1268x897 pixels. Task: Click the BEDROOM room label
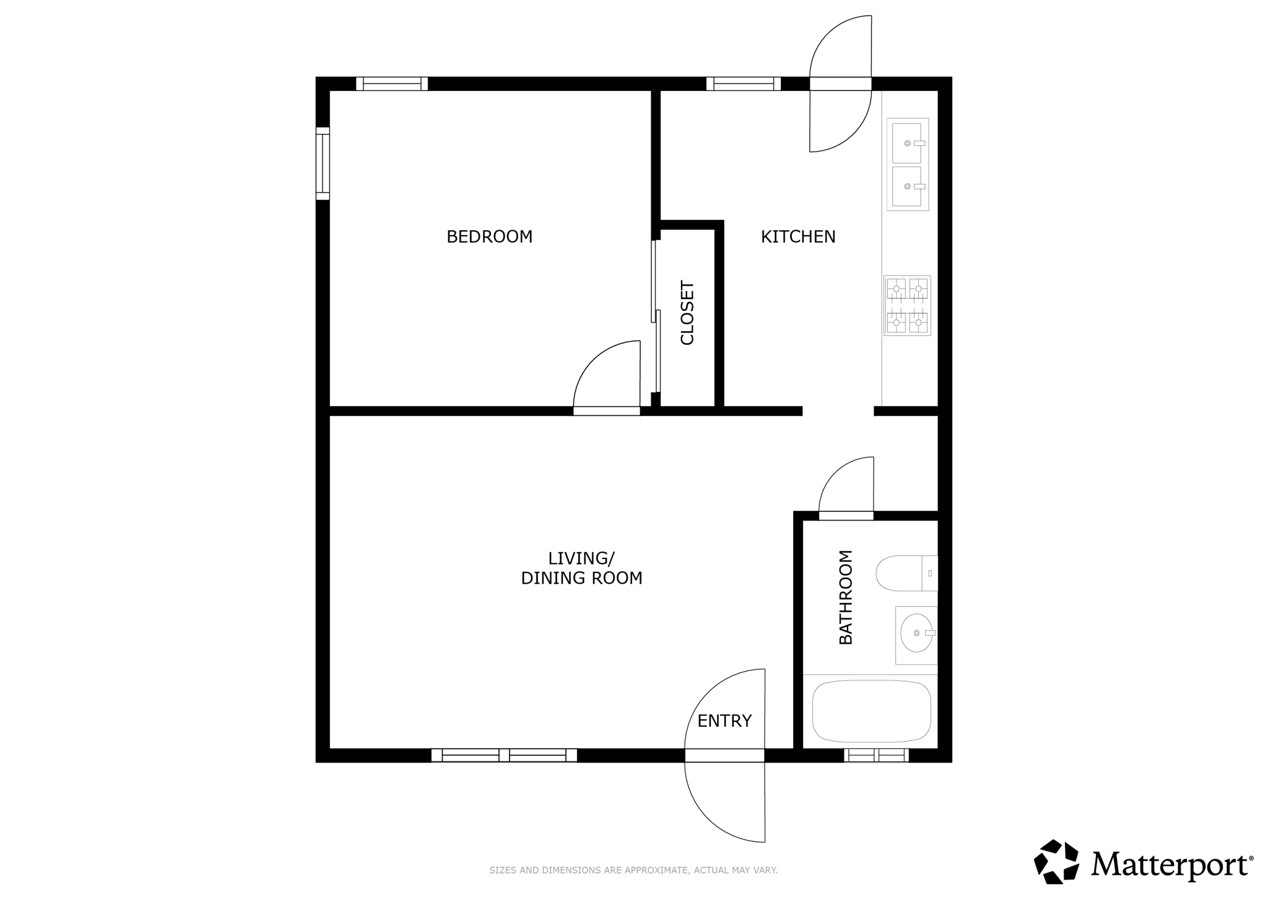click(489, 236)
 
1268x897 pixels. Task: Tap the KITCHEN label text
click(798, 236)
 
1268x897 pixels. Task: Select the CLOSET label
click(687, 313)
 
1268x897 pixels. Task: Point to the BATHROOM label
click(846, 597)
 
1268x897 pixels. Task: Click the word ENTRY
click(724, 721)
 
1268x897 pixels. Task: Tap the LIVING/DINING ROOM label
click(581, 568)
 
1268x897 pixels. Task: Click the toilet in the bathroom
click(907, 573)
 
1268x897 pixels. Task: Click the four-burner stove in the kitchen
click(907, 306)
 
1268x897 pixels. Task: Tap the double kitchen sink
click(908, 165)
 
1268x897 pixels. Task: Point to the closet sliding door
click(656, 316)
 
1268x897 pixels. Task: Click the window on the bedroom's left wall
click(323, 163)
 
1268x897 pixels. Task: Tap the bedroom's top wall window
click(392, 84)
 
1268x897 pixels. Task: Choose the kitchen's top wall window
click(744, 84)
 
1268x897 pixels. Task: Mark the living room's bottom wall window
click(504, 755)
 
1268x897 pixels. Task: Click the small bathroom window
click(876, 755)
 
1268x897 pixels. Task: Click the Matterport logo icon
click(1056, 861)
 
